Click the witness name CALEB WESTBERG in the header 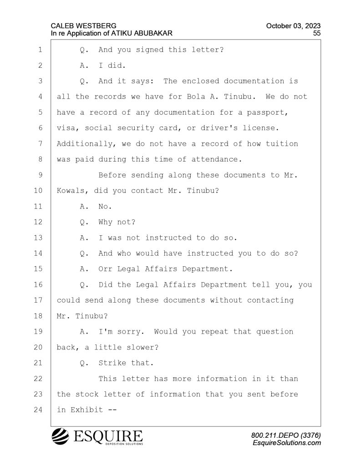[84, 26]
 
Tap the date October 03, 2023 [293, 26]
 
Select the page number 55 [317, 33]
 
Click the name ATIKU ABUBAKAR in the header [142, 33]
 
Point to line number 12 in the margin [38, 222]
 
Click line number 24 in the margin [38, 410]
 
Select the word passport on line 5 [267, 113]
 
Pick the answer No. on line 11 [105, 207]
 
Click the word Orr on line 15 [105, 269]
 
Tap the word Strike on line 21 [112, 363]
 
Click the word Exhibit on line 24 [86, 410]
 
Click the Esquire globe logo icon [61, 436]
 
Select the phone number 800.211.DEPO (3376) [286, 436]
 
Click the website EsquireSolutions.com [287, 443]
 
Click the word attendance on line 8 [216, 160]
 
